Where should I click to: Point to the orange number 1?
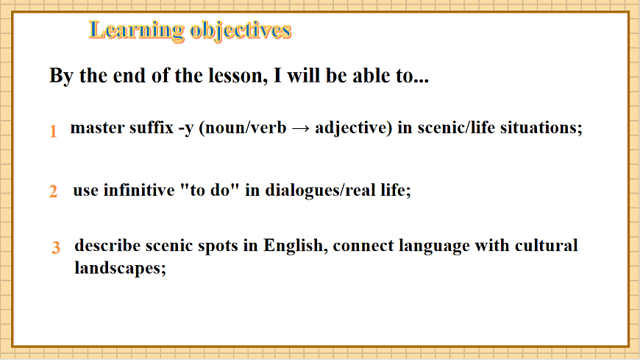53,132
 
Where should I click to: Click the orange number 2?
53,192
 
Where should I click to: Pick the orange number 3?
56,248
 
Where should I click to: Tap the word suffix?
148,127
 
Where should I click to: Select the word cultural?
545,246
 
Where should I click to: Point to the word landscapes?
119,269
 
